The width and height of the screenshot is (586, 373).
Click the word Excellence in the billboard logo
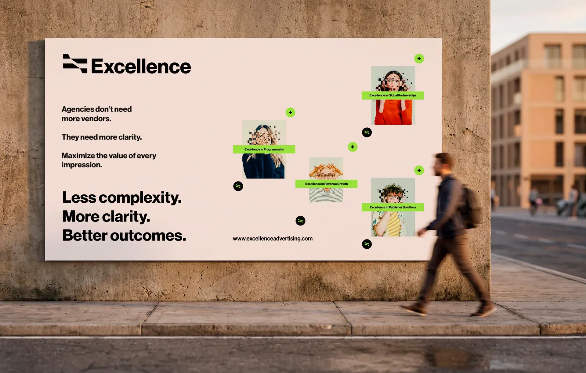click(141, 66)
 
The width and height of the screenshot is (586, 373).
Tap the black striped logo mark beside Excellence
click(75, 63)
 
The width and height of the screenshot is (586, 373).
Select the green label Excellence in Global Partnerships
click(393, 95)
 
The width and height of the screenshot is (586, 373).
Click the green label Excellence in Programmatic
click(264, 149)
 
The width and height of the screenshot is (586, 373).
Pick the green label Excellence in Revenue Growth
click(326, 184)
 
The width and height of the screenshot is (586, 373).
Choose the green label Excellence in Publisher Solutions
click(393, 207)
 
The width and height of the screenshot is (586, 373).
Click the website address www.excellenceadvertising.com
click(273, 239)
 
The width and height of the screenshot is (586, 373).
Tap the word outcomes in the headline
click(148, 236)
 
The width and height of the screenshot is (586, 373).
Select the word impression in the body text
click(82, 165)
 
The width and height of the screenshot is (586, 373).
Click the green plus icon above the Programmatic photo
click(290, 112)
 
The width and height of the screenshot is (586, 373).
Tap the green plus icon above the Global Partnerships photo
click(419, 59)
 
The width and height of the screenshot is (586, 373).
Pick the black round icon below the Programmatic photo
click(238, 186)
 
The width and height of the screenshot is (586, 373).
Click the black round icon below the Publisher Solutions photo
click(367, 244)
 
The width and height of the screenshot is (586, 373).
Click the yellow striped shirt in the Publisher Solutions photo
click(394, 224)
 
